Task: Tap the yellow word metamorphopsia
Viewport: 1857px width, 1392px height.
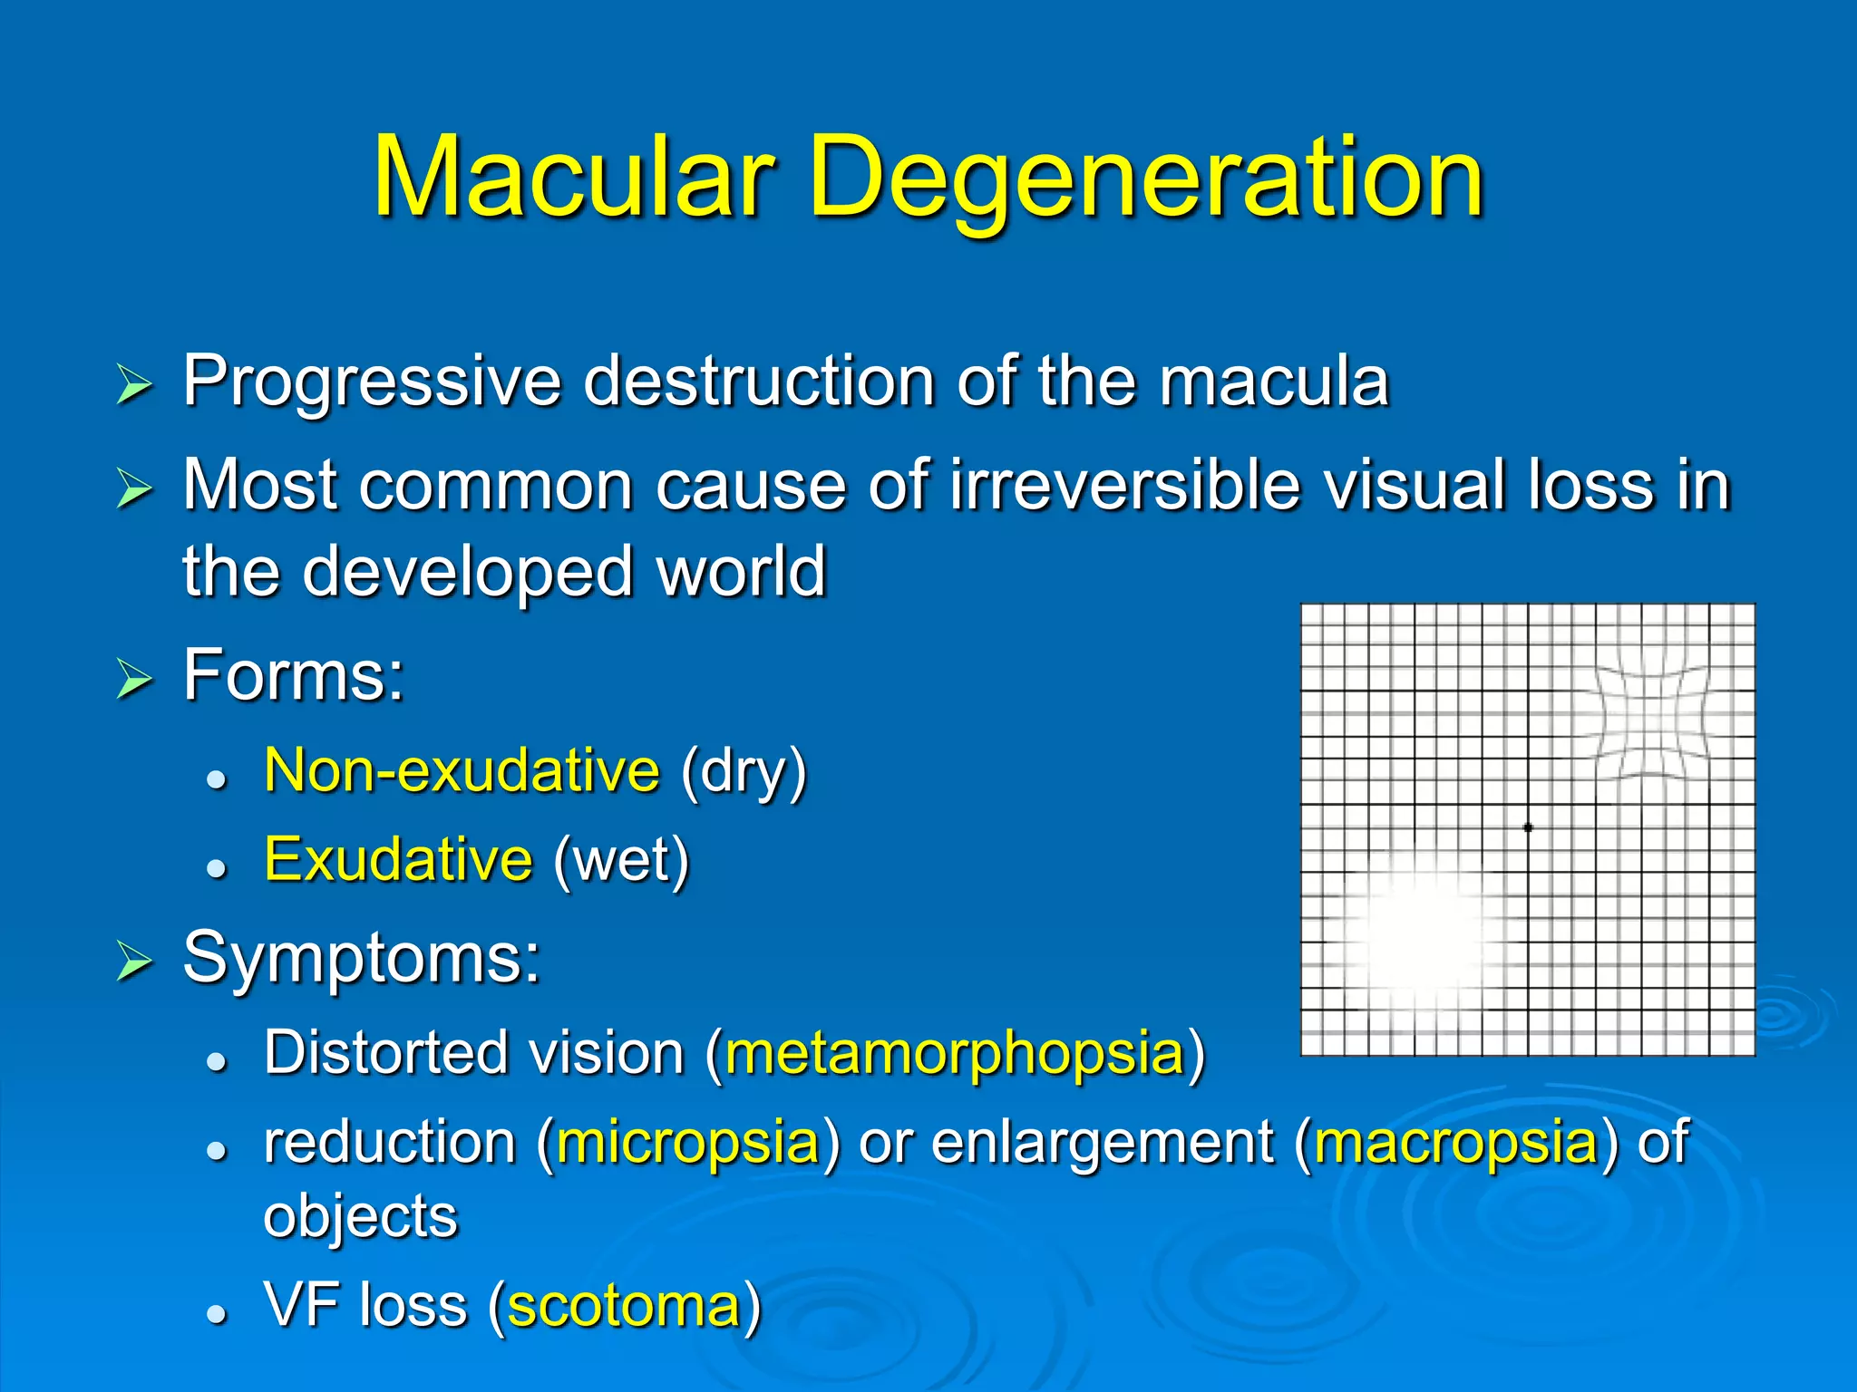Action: pos(955,1053)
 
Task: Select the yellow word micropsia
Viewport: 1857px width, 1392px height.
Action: pos(688,1142)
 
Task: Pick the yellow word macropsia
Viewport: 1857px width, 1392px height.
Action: pos(1455,1142)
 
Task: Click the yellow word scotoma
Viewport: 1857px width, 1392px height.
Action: pos(625,1307)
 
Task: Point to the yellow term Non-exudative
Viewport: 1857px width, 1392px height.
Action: pos(462,771)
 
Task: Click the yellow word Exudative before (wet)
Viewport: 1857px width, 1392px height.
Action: pos(398,859)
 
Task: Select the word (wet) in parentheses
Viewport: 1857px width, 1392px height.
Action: pos(621,861)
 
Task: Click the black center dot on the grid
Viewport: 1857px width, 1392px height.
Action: pos(1528,827)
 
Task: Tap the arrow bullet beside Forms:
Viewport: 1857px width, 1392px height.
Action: pos(134,680)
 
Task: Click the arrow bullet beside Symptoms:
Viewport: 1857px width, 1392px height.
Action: pos(134,962)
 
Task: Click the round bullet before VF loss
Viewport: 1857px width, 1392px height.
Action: pos(216,1313)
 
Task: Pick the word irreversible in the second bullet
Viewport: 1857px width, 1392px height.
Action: pos(1124,486)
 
